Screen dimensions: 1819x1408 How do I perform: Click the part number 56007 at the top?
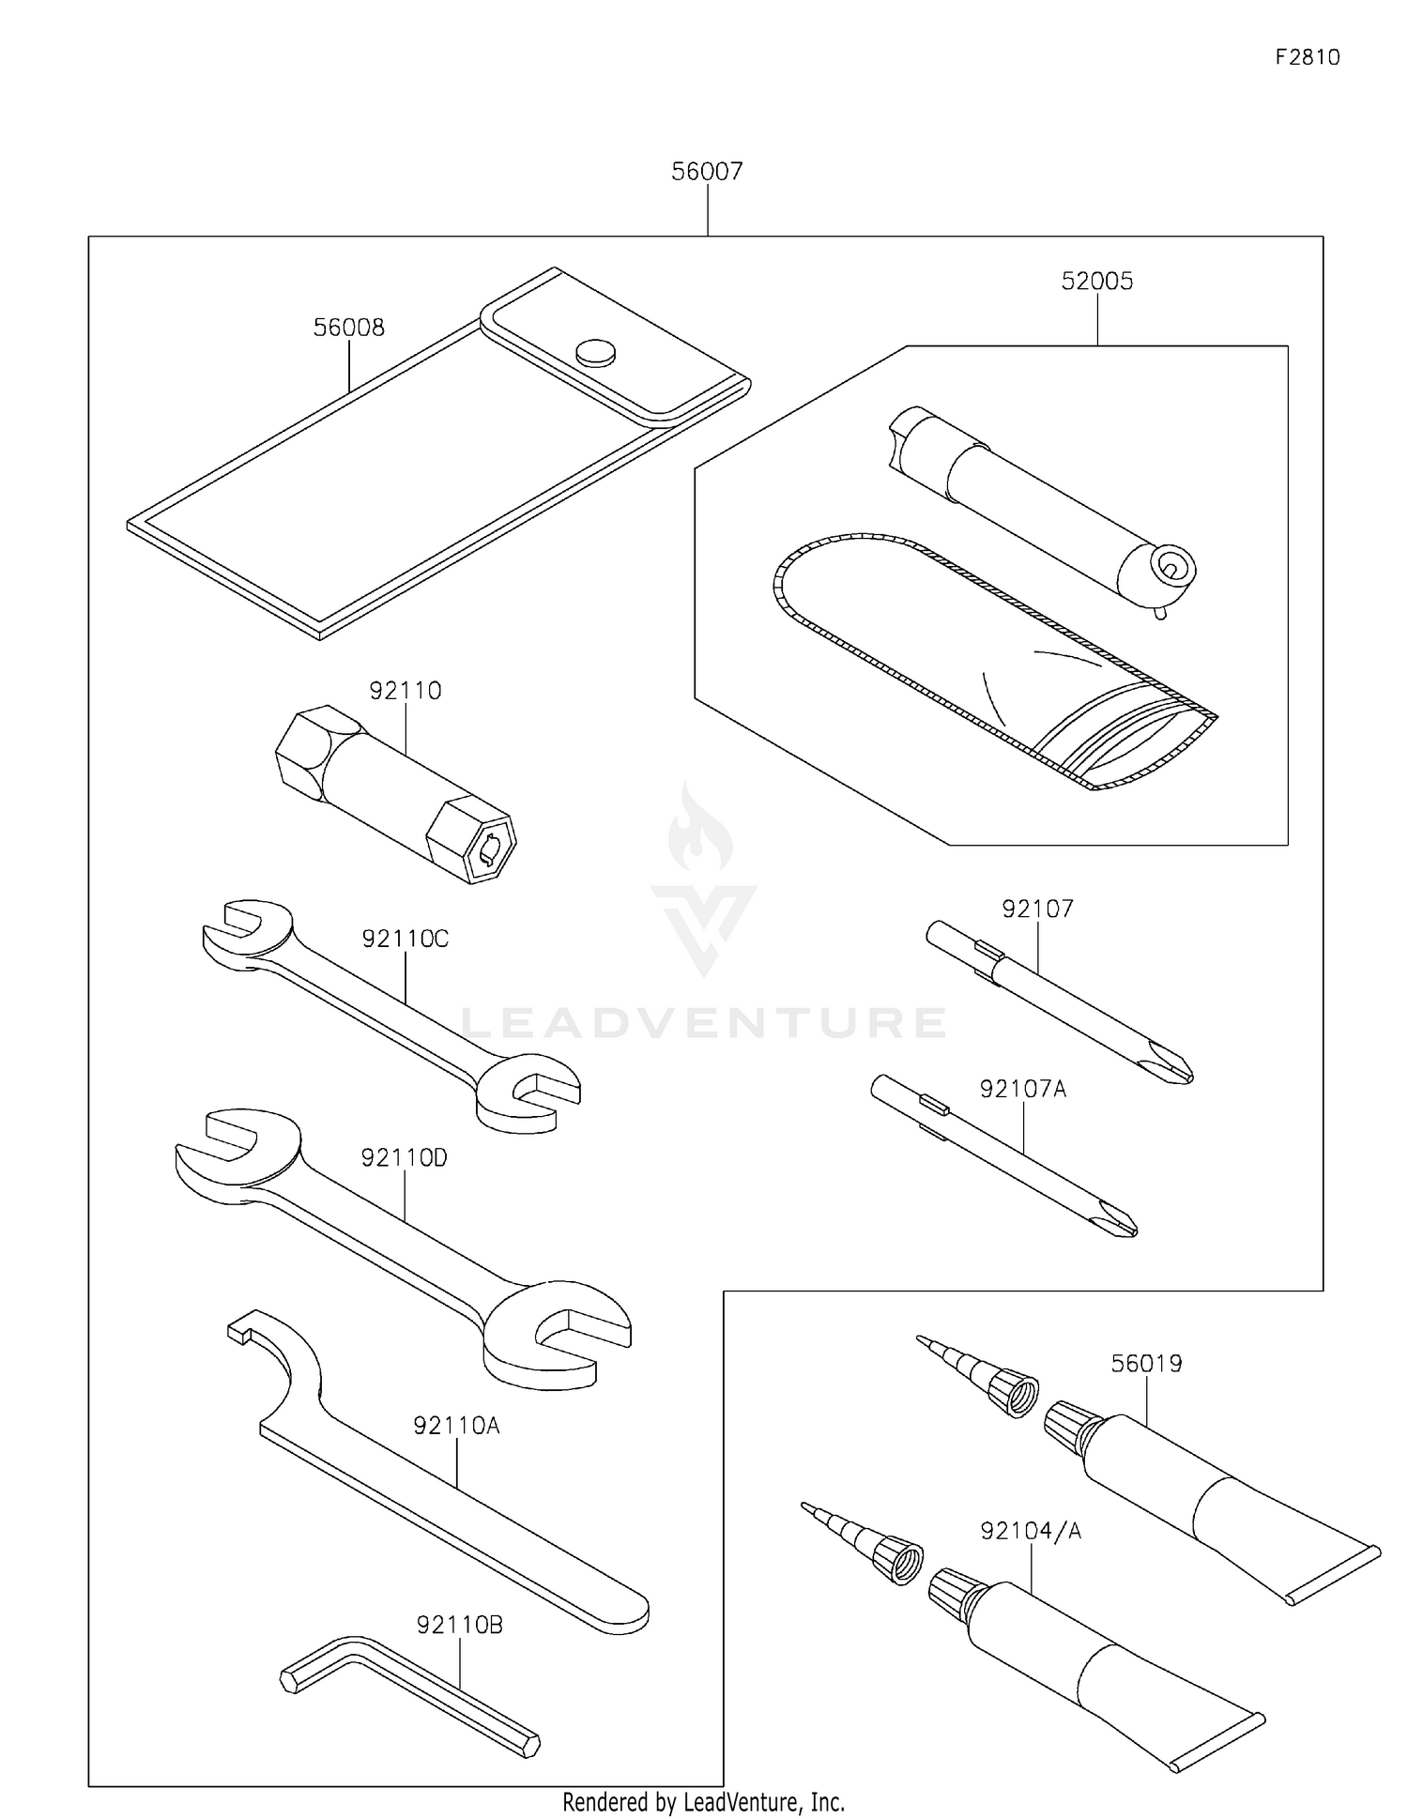tap(707, 172)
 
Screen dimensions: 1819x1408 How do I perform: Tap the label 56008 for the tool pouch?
tap(348, 328)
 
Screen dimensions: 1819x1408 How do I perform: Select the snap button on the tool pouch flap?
tap(595, 352)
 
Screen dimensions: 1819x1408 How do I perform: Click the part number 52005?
tap(1097, 282)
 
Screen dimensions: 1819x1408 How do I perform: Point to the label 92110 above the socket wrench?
tap(405, 691)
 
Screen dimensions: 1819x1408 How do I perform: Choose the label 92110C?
tap(406, 939)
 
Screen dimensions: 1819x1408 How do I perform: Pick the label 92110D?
tap(405, 1158)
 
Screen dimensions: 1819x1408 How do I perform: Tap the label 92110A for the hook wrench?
tap(456, 1426)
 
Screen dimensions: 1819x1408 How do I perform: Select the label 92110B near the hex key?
tap(460, 1625)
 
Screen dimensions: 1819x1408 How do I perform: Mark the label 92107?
tap(1037, 909)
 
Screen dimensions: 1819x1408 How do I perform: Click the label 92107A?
tap(1023, 1089)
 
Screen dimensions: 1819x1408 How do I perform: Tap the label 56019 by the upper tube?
tap(1146, 1363)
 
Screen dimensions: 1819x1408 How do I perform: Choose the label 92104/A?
tap(1031, 1531)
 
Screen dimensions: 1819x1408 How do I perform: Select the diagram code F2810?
tap(1308, 57)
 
